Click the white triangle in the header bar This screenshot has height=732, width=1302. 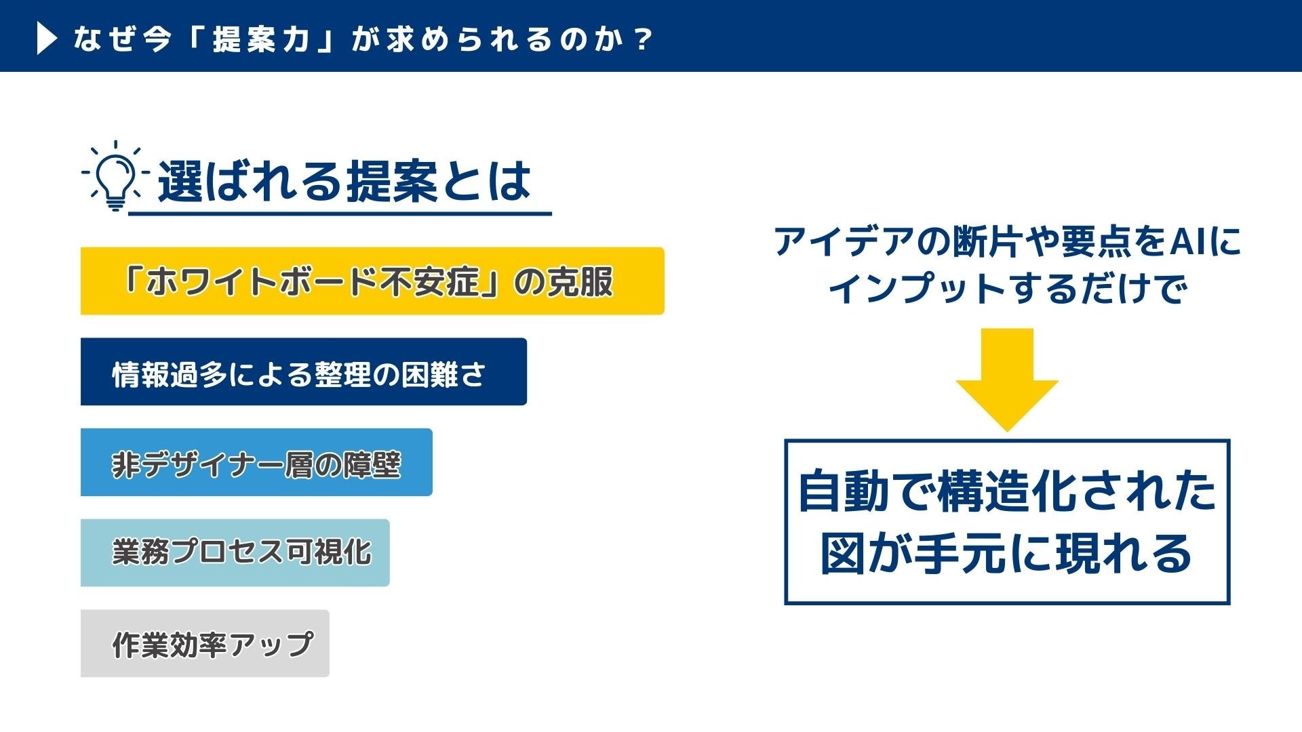pos(45,39)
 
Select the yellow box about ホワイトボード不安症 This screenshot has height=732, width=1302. pos(372,281)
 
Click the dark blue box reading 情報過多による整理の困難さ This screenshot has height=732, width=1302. pos(304,371)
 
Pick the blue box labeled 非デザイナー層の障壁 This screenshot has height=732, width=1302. pos(256,462)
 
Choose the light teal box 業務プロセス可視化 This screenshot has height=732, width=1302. pos(235,552)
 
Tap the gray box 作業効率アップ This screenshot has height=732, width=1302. pos(205,643)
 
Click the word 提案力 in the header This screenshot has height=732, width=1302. pos(261,39)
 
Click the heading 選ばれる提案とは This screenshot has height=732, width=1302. pos(344,181)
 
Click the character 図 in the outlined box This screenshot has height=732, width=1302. pos(843,553)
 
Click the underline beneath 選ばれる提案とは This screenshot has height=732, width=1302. pos(340,213)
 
